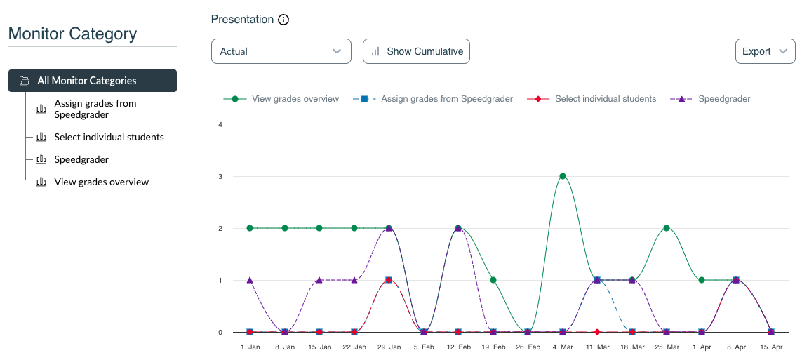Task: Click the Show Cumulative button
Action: click(416, 51)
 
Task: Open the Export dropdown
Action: click(764, 51)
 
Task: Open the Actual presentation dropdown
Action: click(281, 51)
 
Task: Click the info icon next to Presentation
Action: click(283, 20)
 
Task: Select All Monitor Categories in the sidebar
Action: click(93, 81)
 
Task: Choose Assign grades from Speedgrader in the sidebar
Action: click(95, 109)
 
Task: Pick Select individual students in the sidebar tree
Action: click(109, 137)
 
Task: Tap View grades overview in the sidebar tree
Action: click(101, 182)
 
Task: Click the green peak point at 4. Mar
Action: click(563, 176)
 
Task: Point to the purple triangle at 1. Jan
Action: click(250, 280)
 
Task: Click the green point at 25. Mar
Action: click(667, 228)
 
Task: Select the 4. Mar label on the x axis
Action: click(563, 347)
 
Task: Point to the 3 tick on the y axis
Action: click(220, 176)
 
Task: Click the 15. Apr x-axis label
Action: click(771, 347)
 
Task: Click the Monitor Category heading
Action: click(72, 34)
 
